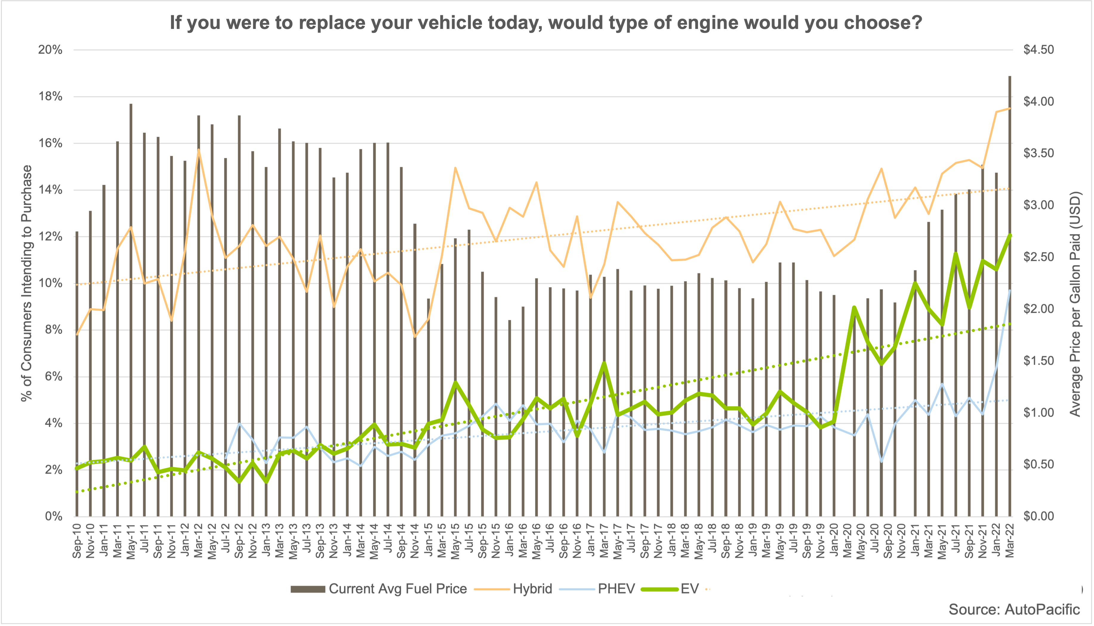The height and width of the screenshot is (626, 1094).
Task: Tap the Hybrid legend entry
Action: [532, 589]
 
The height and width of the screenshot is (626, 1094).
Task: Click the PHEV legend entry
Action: [616, 589]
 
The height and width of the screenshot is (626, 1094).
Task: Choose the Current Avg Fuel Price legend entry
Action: [397, 589]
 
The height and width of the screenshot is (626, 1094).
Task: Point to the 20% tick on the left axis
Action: [50, 50]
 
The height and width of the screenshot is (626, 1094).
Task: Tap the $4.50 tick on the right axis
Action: [1038, 50]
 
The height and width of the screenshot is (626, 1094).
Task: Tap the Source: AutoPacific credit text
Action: [1014, 609]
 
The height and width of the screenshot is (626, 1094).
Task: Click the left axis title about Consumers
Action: [27, 283]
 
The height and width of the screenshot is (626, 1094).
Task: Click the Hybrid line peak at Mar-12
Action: [198, 150]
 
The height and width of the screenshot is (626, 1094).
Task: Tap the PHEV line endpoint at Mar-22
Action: [1010, 291]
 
